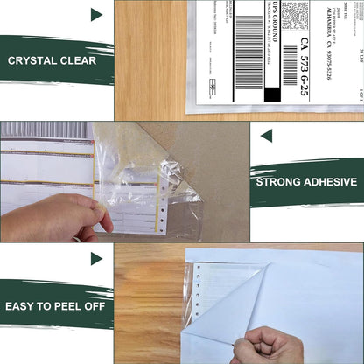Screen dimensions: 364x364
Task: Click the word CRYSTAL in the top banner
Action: point(32,61)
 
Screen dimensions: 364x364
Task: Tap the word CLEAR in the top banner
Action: point(79,61)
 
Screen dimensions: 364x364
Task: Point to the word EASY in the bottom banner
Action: point(23,304)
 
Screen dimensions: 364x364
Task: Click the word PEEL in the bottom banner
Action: point(66,304)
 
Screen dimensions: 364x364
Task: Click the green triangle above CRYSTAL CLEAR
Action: point(96,14)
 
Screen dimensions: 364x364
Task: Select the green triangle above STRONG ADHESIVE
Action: point(266,136)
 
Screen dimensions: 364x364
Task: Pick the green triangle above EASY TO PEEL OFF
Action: point(96,258)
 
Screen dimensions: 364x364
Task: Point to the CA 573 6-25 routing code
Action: point(304,60)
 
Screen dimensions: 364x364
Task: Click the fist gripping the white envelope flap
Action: point(272,346)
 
